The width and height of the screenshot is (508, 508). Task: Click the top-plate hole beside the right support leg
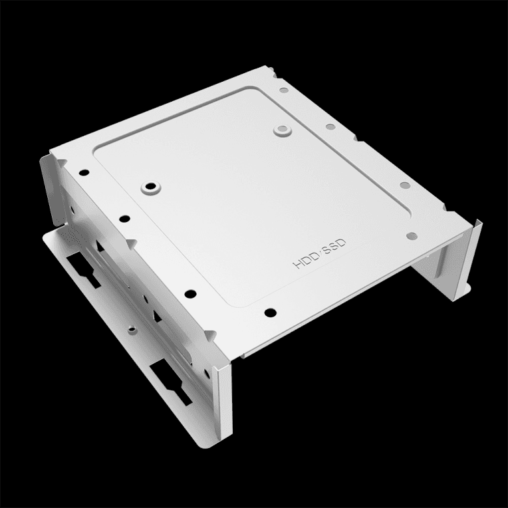click(x=412, y=234)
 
